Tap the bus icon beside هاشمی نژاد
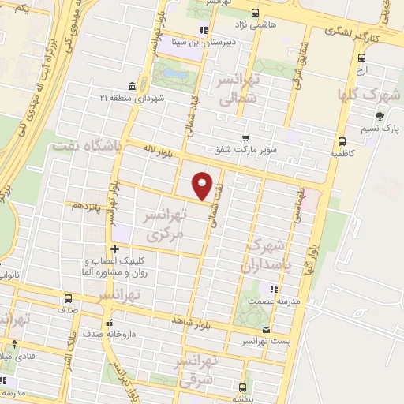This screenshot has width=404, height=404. pyautogui.click(x=255, y=13)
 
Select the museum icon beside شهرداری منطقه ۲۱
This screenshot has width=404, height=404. pyautogui.click(x=131, y=86)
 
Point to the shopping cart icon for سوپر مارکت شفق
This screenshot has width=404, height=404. pyautogui.click(x=245, y=137)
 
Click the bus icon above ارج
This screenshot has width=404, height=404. pyautogui.click(x=361, y=58)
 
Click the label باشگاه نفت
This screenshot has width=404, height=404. pyautogui.click(x=85, y=145)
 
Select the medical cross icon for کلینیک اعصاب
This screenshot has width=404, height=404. pyautogui.click(x=114, y=249)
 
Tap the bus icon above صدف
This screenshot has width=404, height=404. pyautogui.click(x=69, y=299)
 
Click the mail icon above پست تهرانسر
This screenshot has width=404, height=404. pyautogui.click(x=267, y=329)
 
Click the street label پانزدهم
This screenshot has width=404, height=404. pyautogui.click(x=87, y=204)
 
